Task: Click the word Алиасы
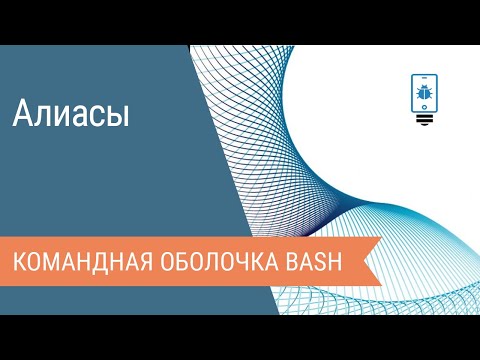point(71,114)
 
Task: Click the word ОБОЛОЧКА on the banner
point(222,263)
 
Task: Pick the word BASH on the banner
point(316,263)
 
